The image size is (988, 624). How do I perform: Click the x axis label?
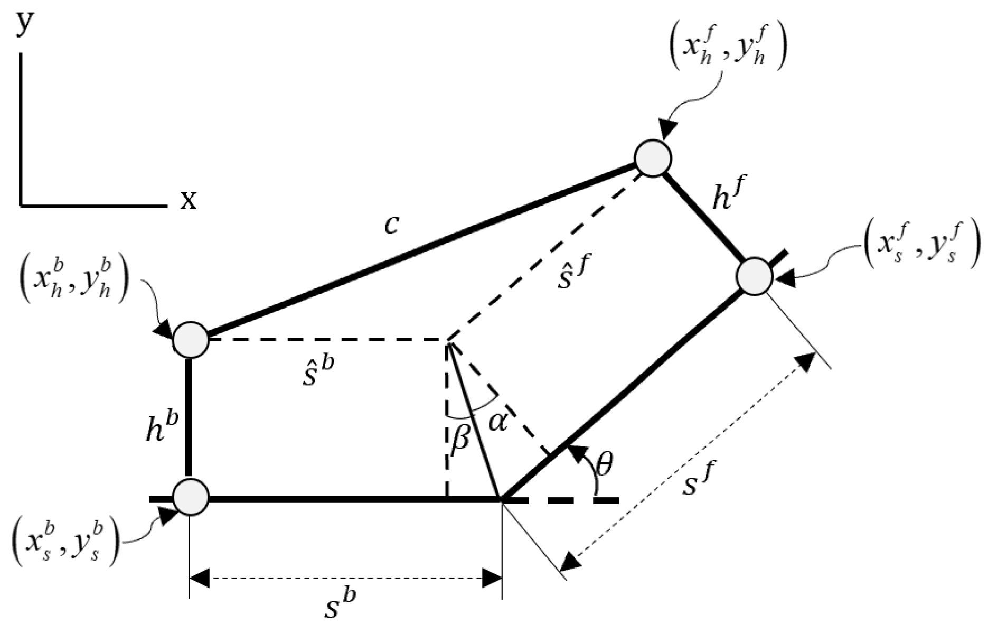pyautogui.click(x=187, y=200)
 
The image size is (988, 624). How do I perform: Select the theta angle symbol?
pyautogui.click(x=604, y=465)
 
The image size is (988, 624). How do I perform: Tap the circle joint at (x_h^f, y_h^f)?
pyautogui.click(x=653, y=157)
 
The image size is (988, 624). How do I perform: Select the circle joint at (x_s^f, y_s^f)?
pyautogui.click(x=754, y=276)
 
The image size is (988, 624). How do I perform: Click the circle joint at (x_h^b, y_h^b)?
pyautogui.click(x=191, y=340)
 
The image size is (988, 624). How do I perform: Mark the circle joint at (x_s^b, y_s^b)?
pyautogui.click(x=191, y=497)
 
